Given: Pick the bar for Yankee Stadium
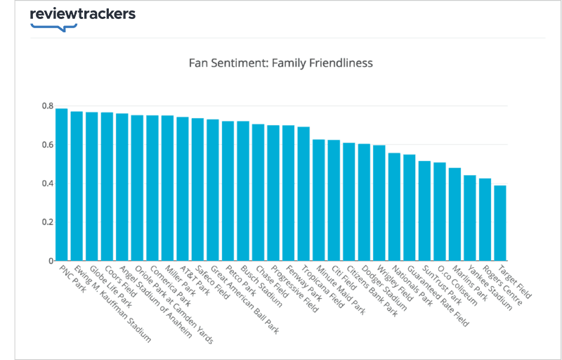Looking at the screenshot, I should coord(470,218).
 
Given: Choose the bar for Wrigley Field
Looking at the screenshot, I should coord(379,203).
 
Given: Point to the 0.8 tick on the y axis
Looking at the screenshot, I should coord(47,106).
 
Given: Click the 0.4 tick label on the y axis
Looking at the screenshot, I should coord(47,184).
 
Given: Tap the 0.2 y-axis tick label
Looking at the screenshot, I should coord(47,222).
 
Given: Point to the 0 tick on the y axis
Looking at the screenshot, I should coord(51,261).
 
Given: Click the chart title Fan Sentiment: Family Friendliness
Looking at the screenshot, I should coord(280,63).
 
